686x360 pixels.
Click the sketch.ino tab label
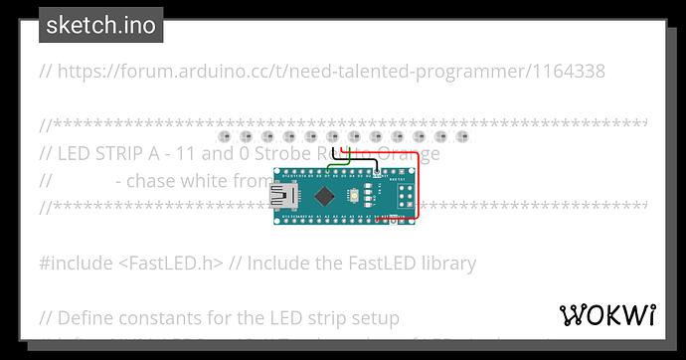(100, 26)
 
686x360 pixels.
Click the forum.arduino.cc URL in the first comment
(298, 72)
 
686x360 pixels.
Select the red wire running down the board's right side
(419, 184)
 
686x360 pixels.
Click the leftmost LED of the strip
(224, 136)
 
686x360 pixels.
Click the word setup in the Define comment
(373, 318)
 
